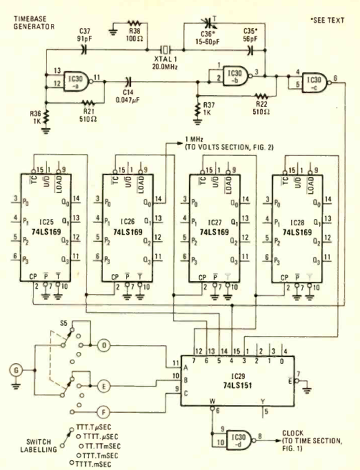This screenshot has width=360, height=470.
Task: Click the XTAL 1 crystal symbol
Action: pos(166,50)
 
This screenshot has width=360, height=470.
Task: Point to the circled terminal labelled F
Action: pos(104,413)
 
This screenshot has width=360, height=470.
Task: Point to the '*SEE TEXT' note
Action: pos(327,20)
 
